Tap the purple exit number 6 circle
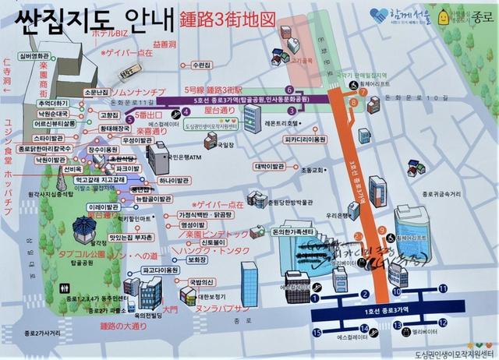[x=288, y=89]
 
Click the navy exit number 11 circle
[x=443, y=288]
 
